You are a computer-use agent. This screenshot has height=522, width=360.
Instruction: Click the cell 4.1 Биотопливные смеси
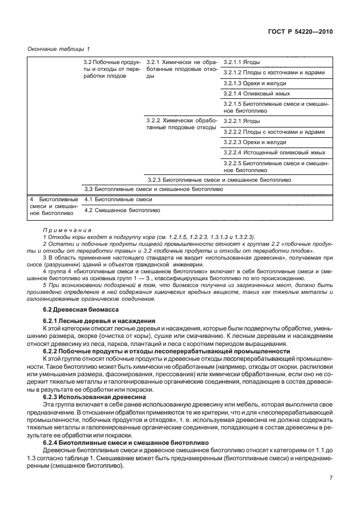pos(119,200)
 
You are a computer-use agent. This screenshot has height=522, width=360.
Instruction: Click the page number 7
pos(331,479)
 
